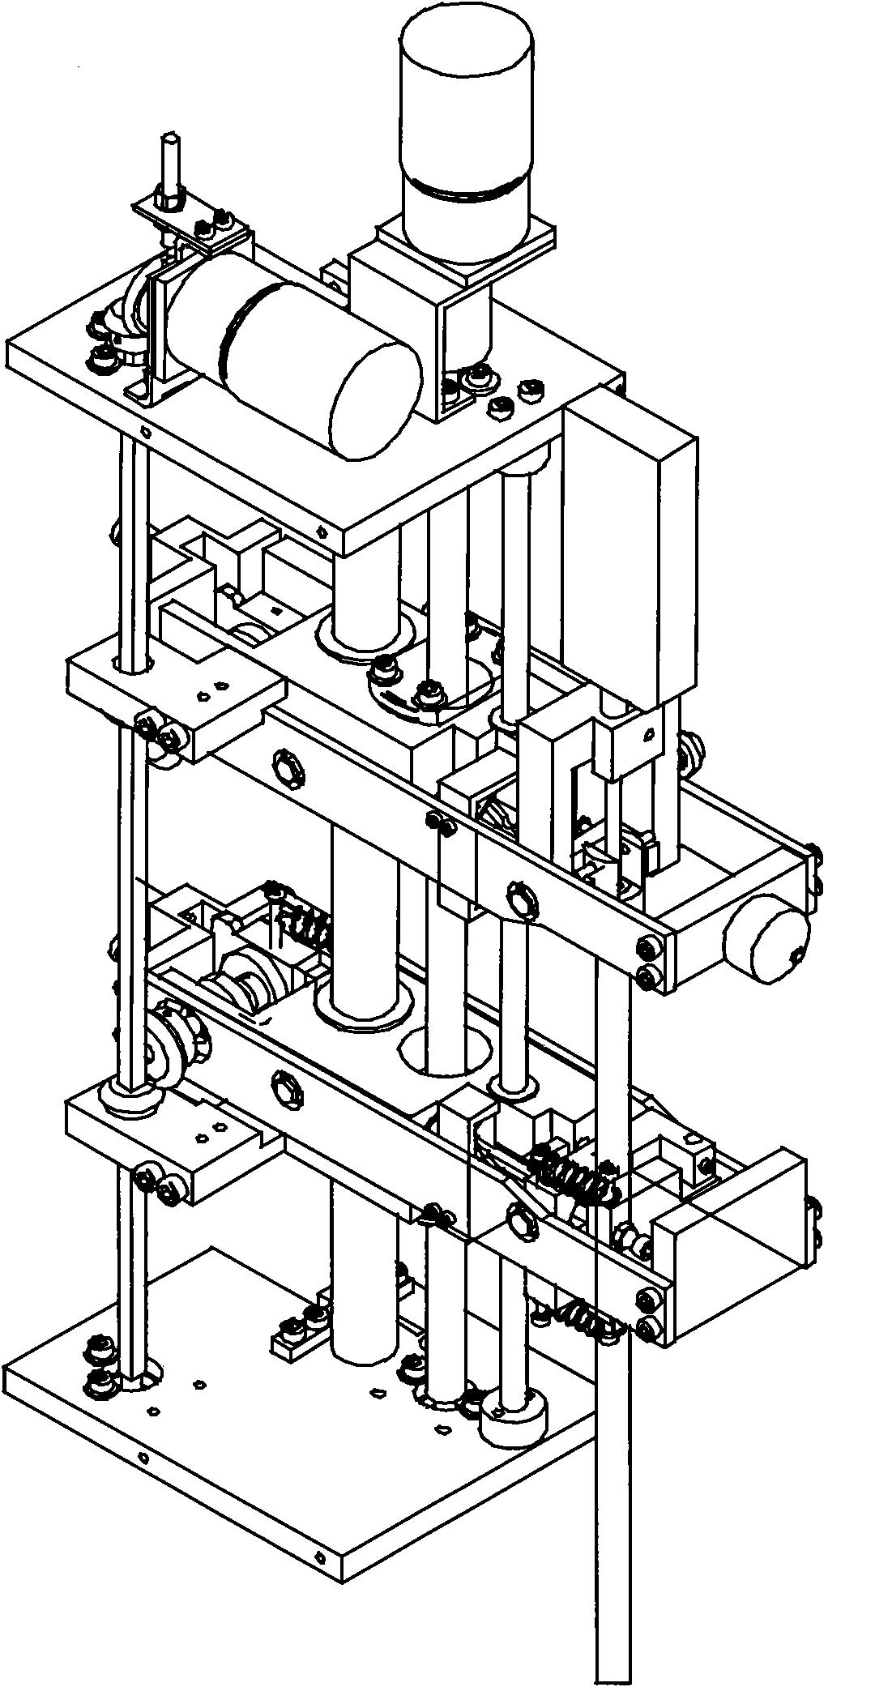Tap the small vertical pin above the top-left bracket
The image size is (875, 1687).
[170, 166]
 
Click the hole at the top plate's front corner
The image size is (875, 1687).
[322, 532]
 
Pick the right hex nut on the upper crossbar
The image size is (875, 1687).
[521, 901]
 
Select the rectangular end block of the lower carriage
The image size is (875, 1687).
[729, 1240]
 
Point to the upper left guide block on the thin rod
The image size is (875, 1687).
[174, 693]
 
